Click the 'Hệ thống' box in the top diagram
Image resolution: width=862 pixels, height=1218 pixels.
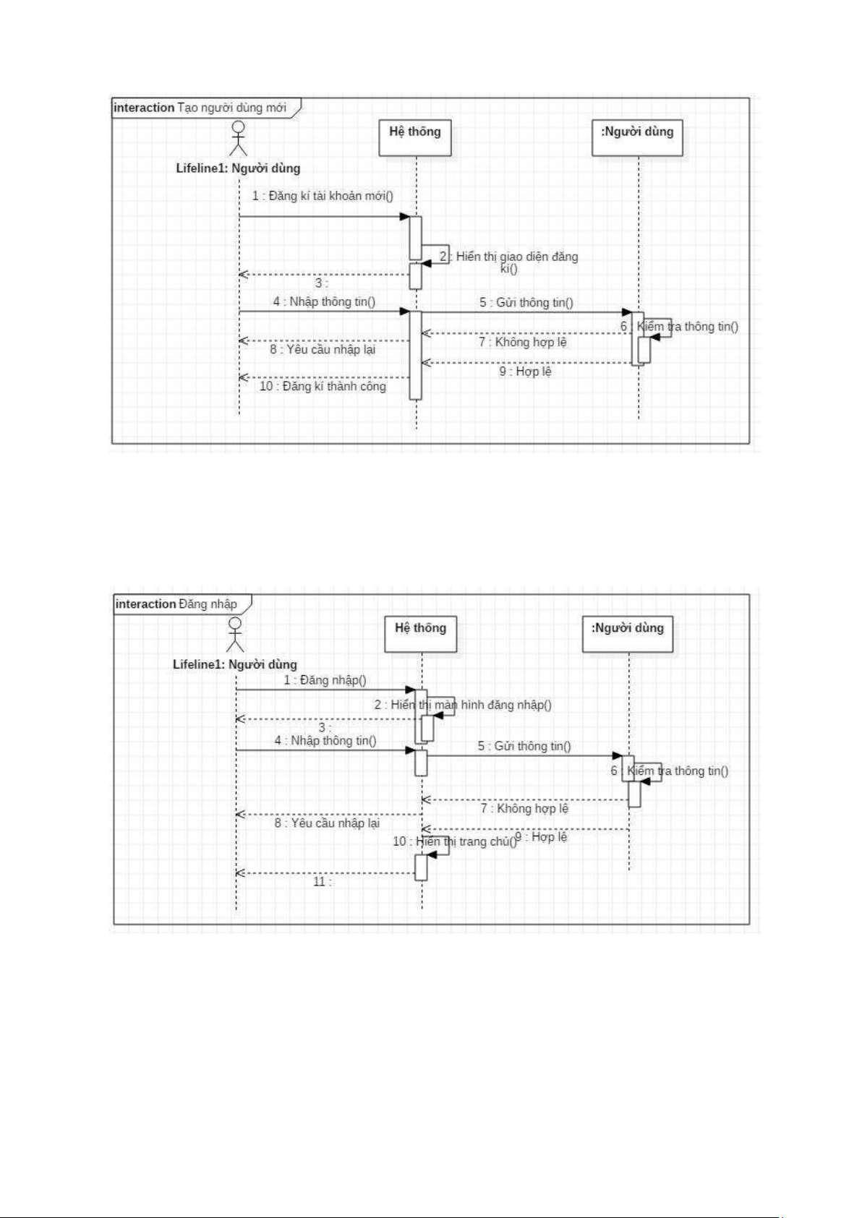point(415,137)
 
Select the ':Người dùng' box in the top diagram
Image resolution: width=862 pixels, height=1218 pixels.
point(637,137)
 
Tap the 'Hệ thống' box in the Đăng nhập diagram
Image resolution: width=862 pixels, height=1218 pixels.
point(420,634)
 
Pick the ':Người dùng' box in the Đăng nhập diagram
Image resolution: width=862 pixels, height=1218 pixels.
point(628,634)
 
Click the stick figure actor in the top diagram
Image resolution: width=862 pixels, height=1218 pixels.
point(238,139)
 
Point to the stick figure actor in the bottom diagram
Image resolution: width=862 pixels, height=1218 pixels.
point(235,635)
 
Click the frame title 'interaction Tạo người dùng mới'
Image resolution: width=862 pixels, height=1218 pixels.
point(200,108)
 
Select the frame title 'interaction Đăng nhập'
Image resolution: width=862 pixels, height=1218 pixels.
point(176,604)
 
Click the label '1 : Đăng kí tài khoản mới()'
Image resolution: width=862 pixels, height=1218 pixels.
point(323,196)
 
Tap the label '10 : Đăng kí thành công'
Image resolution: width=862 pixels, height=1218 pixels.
point(323,386)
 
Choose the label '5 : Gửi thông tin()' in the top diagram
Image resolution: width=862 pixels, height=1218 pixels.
point(526,302)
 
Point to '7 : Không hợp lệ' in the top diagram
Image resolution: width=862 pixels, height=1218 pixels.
point(523,342)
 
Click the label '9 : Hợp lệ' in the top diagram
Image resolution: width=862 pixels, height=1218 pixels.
point(525,372)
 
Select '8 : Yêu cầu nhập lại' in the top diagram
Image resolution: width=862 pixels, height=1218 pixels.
point(323,350)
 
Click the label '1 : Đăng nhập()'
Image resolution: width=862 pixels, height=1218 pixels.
point(325,680)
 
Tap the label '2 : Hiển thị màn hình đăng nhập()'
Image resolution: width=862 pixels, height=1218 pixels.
point(463,705)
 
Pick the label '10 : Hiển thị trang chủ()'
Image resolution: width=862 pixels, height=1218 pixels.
point(454,841)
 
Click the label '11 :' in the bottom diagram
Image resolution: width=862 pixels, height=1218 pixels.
point(322,882)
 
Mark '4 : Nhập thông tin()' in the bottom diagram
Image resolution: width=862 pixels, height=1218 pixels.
point(325,741)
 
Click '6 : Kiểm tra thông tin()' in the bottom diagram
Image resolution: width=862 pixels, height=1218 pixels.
point(670,771)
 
